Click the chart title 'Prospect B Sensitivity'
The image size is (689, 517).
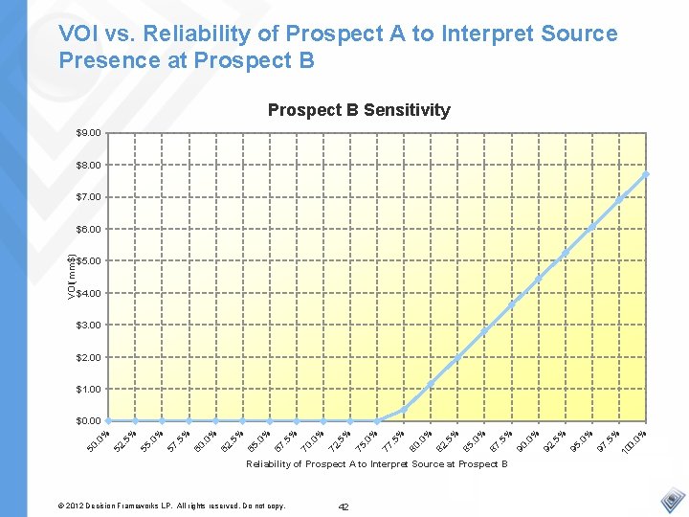pyautogui.click(x=359, y=110)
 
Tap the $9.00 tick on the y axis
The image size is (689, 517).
pyautogui.click(x=89, y=133)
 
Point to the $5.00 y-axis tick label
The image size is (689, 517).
pyautogui.click(x=89, y=261)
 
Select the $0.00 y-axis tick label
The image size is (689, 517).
pyautogui.click(x=89, y=421)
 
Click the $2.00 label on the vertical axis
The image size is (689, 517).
pyautogui.click(x=89, y=357)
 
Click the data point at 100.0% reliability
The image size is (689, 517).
pyautogui.click(x=647, y=174)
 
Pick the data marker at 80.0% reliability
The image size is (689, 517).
pyautogui.click(x=432, y=384)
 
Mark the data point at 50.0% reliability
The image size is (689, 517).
pyautogui.click(x=109, y=420)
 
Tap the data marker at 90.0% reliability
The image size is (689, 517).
pyautogui.click(x=539, y=279)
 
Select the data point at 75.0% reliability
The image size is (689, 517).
pyautogui.click(x=378, y=420)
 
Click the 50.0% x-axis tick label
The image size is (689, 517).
pyautogui.click(x=98, y=442)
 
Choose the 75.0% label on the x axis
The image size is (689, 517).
pyautogui.click(x=367, y=442)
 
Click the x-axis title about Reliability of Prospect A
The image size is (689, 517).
pyautogui.click(x=377, y=464)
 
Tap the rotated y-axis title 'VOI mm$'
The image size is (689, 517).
pyautogui.click(x=71, y=273)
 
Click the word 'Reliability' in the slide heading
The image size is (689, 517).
pyautogui.click(x=199, y=34)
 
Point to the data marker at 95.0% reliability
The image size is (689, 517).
pyautogui.click(x=592, y=226)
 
